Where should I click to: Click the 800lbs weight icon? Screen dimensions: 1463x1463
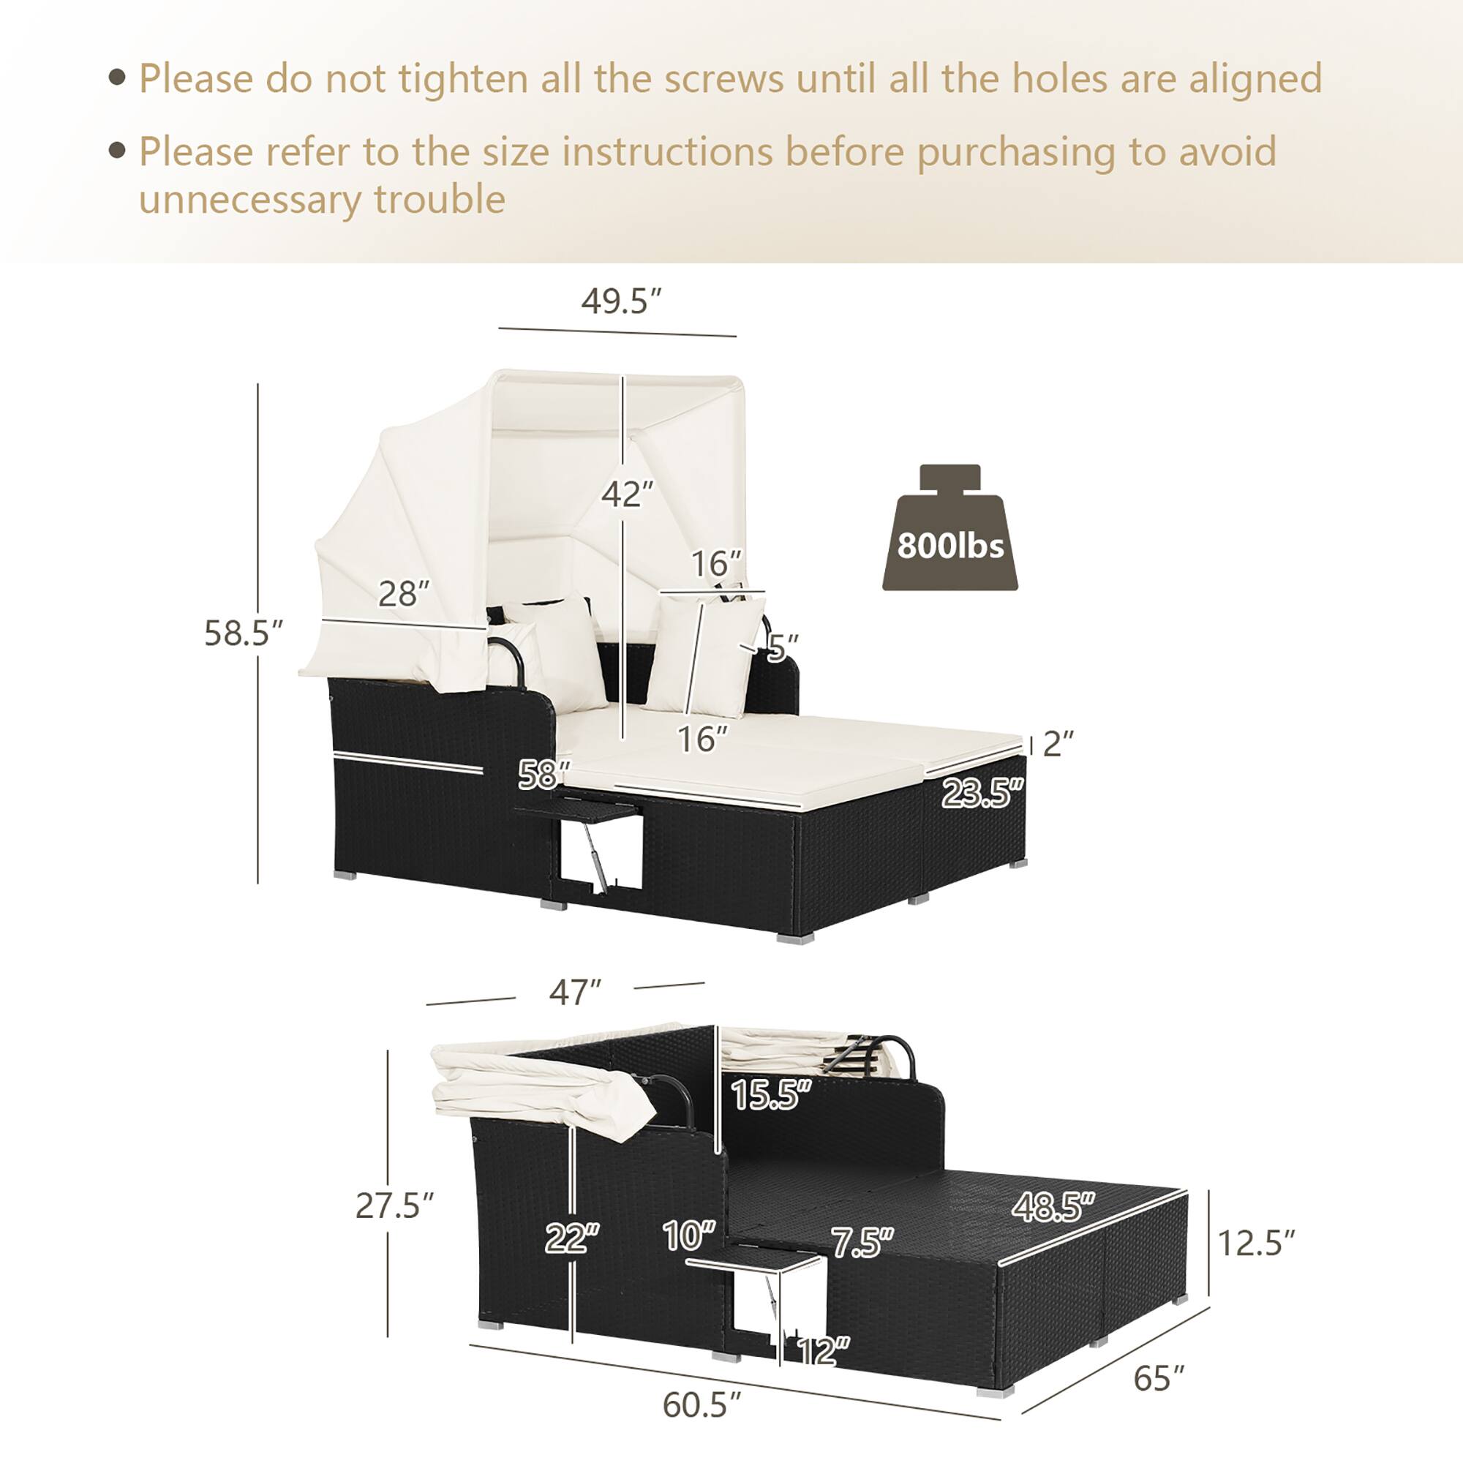(949, 531)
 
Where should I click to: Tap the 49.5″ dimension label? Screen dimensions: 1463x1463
(621, 301)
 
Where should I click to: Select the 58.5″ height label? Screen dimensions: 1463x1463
(243, 633)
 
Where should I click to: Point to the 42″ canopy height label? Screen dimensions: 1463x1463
(627, 494)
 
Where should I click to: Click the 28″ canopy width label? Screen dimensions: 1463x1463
(404, 594)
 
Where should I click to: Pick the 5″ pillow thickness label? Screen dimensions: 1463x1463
(782, 646)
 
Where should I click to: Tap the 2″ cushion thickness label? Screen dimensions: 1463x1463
(1058, 745)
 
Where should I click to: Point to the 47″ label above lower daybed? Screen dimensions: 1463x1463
(575, 993)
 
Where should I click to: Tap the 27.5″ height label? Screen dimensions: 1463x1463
(394, 1206)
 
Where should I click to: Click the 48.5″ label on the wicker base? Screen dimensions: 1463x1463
(1053, 1207)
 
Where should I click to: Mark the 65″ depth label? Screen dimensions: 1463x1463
(1159, 1378)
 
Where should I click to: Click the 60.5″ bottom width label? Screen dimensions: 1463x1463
(702, 1404)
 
